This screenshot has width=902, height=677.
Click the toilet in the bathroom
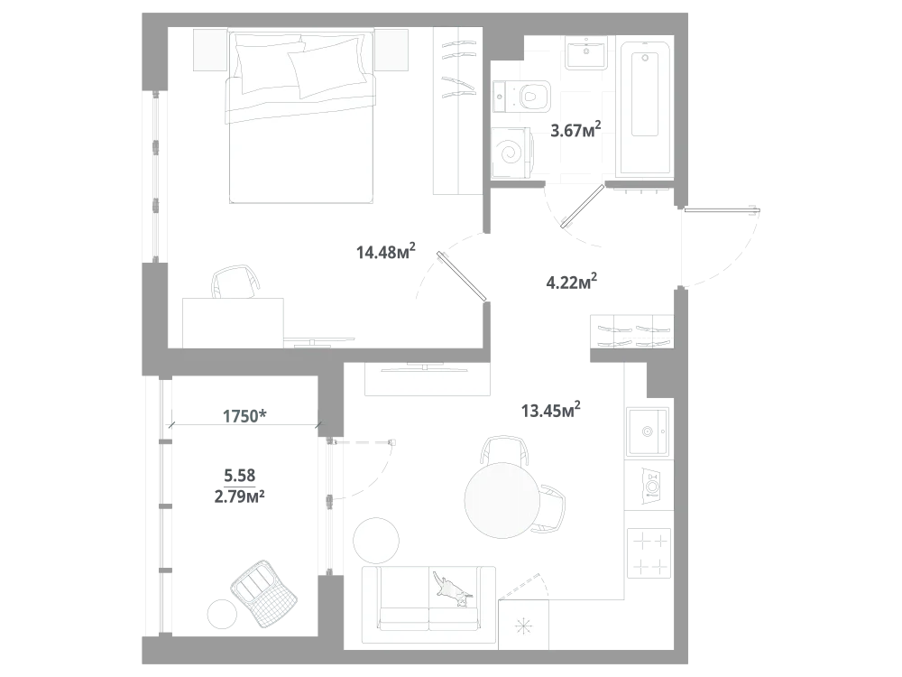[x=523, y=95]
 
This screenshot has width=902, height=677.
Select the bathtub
[x=644, y=107]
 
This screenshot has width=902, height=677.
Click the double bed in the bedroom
[x=299, y=117]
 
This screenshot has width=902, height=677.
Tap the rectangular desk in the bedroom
[x=235, y=321]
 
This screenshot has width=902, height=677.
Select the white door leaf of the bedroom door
[x=462, y=276]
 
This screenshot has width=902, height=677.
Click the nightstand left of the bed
[x=208, y=50]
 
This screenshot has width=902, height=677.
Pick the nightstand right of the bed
[x=391, y=50]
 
